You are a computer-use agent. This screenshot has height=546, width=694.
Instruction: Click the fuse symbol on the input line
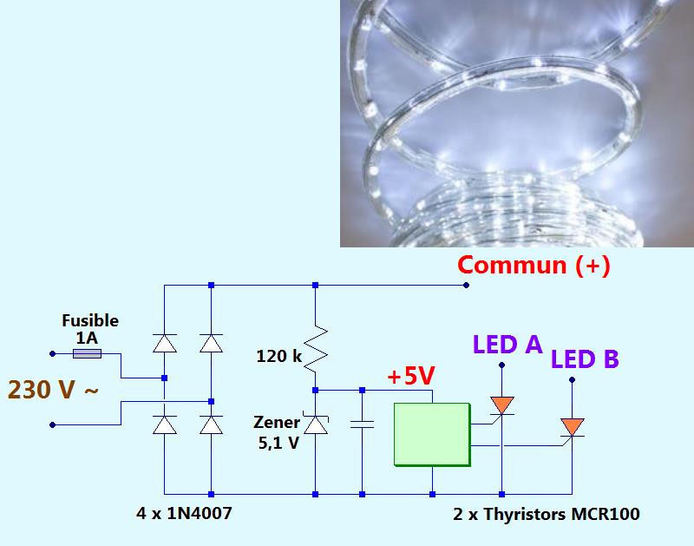click(x=87, y=353)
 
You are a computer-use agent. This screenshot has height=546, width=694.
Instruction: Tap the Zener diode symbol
click(x=315, y=424)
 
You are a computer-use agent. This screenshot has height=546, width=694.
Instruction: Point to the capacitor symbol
click(x=361, y=424)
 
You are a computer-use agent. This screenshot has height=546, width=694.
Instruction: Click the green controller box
click(x=431, y=434)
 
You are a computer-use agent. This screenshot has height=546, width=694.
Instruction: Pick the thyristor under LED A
click(x=502, y=405)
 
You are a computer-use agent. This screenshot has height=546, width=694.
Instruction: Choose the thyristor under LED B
click(x=572, y=428)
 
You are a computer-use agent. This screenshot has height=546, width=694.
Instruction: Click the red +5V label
click(x=410, y=378)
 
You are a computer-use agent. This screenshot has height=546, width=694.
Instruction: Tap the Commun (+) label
click(x=534, y=265)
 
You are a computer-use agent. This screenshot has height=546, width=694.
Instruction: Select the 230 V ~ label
click(x=53, y=390)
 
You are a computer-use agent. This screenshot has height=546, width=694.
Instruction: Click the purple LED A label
click(x=507, y=345)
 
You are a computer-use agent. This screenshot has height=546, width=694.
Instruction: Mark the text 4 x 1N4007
click(x=184, y=514)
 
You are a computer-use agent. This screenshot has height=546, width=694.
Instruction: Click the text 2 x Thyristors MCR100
click(x=547, y=514)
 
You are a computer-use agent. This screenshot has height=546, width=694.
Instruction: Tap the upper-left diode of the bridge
click(x=165, y=344)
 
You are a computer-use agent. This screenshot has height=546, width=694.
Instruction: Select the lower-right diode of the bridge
click(x=211, y=424)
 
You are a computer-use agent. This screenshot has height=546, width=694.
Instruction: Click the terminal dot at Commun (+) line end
click(x=466, y=285)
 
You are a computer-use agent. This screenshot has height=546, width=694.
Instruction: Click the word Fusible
click(x=90, y=320)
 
